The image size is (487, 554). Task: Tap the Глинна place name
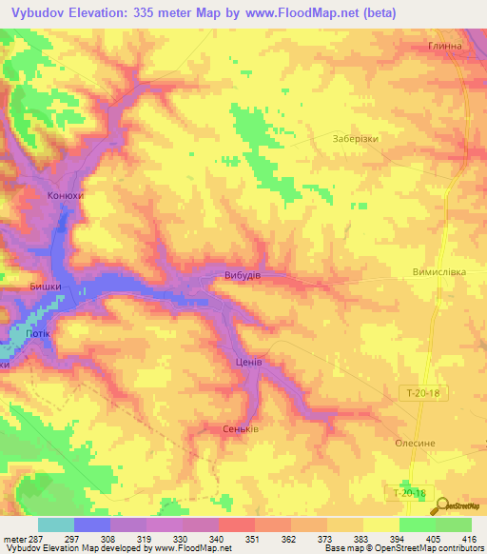click(x=443, y=46)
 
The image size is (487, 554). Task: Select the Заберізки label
click(x=357, y=138)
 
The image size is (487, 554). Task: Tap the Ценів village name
click(x=248, y=363)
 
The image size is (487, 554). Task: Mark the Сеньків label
click(x=239, y=427)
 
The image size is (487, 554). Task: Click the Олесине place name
click(x=415, y=443)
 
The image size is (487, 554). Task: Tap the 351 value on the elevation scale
click(x=254, y=538)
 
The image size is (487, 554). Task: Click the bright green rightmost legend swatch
click(x=453, y=524)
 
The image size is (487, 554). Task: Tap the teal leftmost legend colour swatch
click(x=55, y=524)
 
